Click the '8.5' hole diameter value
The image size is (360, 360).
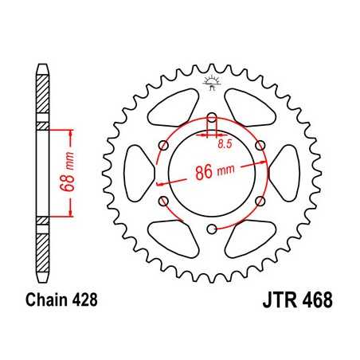226,145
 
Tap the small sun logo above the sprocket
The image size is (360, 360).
211,80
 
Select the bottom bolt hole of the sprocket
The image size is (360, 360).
211,230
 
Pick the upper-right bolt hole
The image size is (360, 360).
260,146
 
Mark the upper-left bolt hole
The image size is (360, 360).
162,146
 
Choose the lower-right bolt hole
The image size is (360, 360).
260,202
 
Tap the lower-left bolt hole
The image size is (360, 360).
162,202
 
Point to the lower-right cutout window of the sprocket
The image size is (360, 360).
248,238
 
